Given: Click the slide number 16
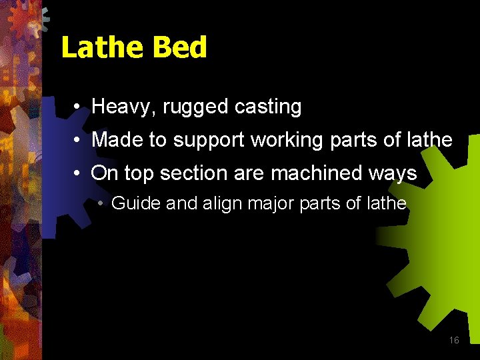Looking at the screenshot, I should coord(454,340).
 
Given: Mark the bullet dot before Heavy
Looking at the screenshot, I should coord(78,107).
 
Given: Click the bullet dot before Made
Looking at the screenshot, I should coord(78,140).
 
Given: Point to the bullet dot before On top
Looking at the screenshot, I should coord(78,173).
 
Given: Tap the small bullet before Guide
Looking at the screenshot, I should coord(99,203).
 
